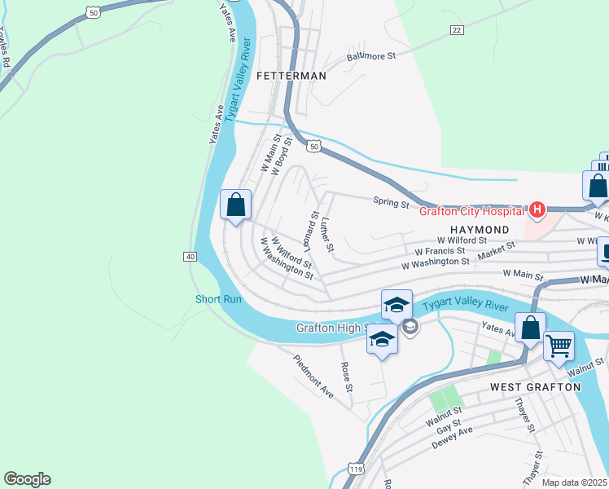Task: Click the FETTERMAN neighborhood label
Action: pyautogui.click(x=291, y=76)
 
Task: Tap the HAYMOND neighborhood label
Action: pyautogui.click(x=480, y=231)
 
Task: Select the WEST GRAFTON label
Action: pyautogui.click(x=535, y=386)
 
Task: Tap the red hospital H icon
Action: pyautogui.click(x=537, y=211)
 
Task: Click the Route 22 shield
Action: pyautogui.click(x=457, y=30)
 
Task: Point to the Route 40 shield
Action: pyautogui.click(x=190, y=257)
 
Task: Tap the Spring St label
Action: pyautogui.click(x=391, y=203)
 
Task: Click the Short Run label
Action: pyautogui.click(x=218, y=299)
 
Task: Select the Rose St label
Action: pyautogui.click(x=347, y=377)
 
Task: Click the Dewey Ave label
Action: pyautogui.click(x=452, y=441)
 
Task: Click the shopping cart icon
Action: pyautogui.click(x=559, y=347)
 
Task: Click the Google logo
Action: pyautogui.click(x=27, y=479)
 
